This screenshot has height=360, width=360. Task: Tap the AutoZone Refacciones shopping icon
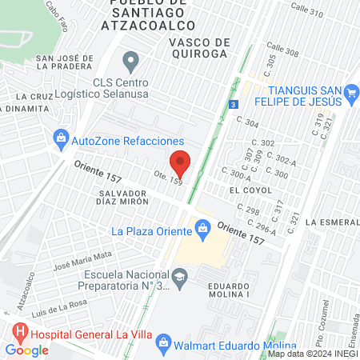pos(61,139)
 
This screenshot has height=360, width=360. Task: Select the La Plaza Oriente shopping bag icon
pos(203,232)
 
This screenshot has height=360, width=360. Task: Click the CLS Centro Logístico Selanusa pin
pos(131,61)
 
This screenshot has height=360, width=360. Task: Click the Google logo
pos(27,350)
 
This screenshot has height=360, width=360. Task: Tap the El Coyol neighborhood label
pos(245,190)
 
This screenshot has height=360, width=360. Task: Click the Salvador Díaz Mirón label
pos(124,198)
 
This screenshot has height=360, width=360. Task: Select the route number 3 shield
pos(232,104)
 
